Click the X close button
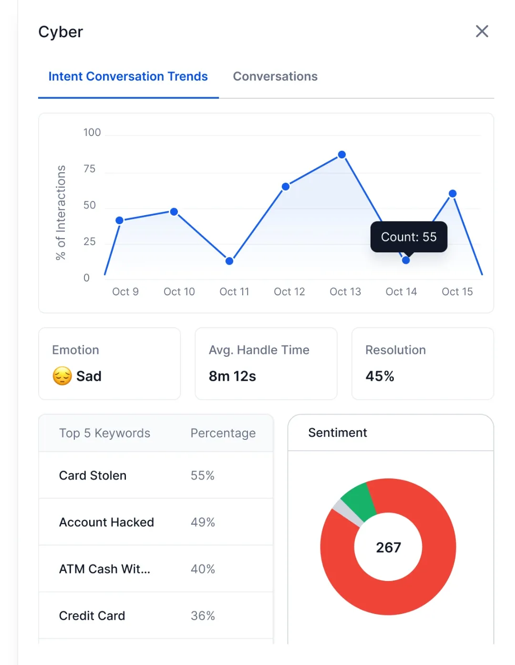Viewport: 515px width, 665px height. pyautogui.click(x=482, y=31)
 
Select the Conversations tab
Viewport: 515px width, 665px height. pyautogui.click(x=275, y=76)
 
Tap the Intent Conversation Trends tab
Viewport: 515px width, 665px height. pyautogui.click(x=128, y=76)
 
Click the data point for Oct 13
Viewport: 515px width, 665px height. pyautogui.click(x=342, y=155)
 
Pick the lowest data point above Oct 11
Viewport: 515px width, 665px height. pyautogui.click(x=229, y=261)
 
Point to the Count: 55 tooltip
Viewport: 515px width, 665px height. pyautogui.click(x=409, y=237)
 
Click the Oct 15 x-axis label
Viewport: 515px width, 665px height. pyautogui.click(x=457, y=291)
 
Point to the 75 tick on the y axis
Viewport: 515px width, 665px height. pyautogui.click(x=89, y=169)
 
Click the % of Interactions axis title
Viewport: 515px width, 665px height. pyautogui.click(x=61, y=212)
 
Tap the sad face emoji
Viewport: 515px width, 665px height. pyautogui.click(x=62, y=376)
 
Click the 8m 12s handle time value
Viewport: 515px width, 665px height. pyautogui.click(x=232, y=376)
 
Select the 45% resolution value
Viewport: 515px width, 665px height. pyautogui.click(x=380, y=376)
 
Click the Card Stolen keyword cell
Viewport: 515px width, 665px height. pyautogui.click(x=93, y=476)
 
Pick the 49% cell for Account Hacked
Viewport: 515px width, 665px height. pyautogui.click(x=203, y=522)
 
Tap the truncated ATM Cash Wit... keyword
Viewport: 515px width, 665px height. pyautogui.click(x=104, y=569)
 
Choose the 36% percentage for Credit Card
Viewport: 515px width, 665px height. pyautogui.click(x=203, y=616)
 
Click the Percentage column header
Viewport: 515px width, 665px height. pyautogui.click(x=223, y=433)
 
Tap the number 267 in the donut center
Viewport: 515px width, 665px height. pyautogui.click(x=388, y=547)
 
